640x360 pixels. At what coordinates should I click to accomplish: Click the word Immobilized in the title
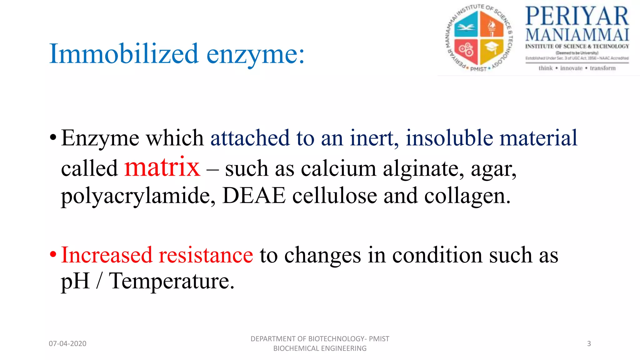point(124,54)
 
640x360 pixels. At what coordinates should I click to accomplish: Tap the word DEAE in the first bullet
point(254,196)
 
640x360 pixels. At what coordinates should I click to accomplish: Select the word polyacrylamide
point(138,197)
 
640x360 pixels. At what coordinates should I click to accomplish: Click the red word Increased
point(106,255)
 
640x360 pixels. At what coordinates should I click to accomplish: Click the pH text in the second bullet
point(75,281)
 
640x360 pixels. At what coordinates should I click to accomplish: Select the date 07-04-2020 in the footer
point(67,344)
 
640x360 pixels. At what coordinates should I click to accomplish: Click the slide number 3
point(589,344)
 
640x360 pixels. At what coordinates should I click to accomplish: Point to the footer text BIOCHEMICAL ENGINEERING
point(320,348)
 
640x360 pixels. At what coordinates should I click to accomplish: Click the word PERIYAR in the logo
point(577,16)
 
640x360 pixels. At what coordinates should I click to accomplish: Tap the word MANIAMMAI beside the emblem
point(577,35)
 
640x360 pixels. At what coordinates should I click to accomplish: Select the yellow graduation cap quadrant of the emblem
point(491,50)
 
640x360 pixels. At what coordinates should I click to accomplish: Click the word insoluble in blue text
point(449,138)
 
